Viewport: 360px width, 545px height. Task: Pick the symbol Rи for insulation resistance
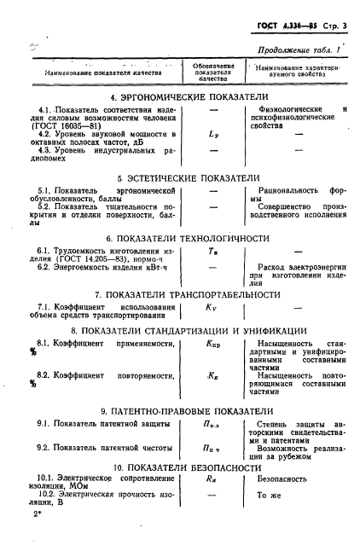point(213,481)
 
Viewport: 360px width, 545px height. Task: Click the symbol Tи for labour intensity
point(213,252)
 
